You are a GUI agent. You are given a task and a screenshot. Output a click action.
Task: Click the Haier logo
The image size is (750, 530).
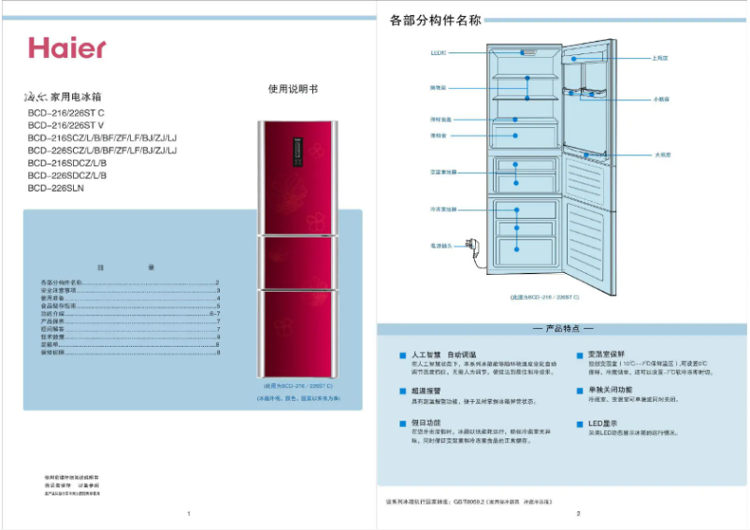click(x=66, y=48)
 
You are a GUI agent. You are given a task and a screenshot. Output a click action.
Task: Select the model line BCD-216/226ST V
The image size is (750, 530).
click(x=65, y=125)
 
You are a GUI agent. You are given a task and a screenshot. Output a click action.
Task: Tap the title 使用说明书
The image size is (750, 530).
click(x=293, y=90)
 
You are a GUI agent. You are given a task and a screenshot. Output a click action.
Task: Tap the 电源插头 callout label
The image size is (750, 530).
click(x=440, y=246)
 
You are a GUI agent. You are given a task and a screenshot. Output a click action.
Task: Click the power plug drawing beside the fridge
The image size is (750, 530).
click(x=474, y=248)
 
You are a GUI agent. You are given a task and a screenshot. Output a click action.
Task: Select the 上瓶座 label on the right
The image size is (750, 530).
click(x=660, y=58)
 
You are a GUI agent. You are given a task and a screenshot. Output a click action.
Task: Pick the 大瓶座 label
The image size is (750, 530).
click(x=663, y=154)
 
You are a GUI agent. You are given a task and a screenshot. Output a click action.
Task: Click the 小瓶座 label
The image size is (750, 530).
click(x=661, y=98)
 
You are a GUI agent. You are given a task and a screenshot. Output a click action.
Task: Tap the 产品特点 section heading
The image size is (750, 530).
click(x=562, y=329)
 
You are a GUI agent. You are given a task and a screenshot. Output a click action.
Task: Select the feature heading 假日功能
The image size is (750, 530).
click(x=425, y=423)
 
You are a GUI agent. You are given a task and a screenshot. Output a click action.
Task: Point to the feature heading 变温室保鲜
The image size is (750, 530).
click(x=609, y=355)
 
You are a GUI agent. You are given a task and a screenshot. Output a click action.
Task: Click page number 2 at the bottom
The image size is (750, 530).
click(x=579, y=513)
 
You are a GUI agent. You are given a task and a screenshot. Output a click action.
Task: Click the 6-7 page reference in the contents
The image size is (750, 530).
click(x=214, y=313)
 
